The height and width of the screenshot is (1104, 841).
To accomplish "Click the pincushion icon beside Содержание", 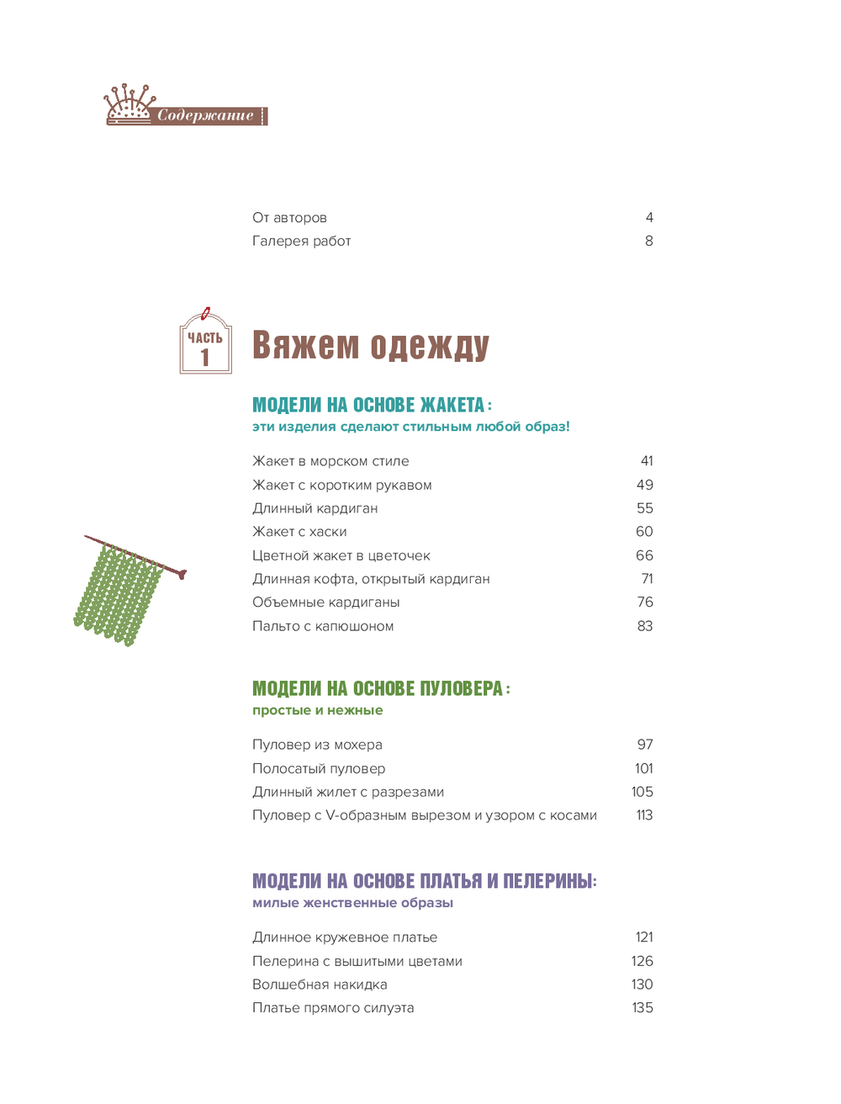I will click(129, 104).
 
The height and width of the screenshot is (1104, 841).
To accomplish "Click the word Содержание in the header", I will click(205, 116).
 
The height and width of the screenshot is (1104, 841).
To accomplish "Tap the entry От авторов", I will click(289, 218).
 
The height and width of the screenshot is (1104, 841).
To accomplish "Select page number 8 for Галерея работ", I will click(648, 241).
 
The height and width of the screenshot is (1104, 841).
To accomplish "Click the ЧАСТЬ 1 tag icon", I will click(205, 342).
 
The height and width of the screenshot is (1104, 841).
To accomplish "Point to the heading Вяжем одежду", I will click(370, 346).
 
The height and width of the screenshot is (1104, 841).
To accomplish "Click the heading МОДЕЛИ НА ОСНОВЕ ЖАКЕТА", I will click(368, 406).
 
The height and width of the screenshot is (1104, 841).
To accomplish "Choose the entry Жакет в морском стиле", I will click(331, 461).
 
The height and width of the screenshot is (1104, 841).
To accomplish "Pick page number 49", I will click(644, 485).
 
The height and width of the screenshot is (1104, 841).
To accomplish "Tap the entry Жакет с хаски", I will click(299, 532).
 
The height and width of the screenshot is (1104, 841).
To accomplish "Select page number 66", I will click(644, 555).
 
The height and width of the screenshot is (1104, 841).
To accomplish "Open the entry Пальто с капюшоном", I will click(323, 626).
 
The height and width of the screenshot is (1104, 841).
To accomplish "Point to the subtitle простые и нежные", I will click(317, 711).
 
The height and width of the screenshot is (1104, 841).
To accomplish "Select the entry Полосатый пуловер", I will click(319, 769).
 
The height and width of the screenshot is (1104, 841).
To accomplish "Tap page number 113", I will click(644, 815).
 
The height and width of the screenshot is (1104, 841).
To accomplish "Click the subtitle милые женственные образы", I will click(352, 904).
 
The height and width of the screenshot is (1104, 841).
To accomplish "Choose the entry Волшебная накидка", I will click(320, 985).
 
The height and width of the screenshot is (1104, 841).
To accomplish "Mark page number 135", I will click(643, 1008).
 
